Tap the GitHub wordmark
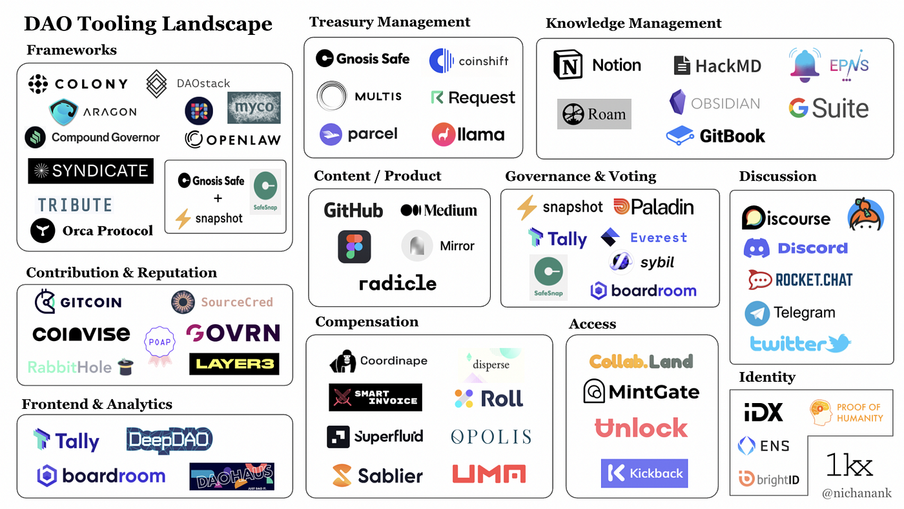353,211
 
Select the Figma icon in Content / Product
354,247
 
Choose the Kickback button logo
644,473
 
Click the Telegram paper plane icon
757,313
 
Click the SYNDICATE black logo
90,171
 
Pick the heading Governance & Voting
580,176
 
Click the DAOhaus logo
232,477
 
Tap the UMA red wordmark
489,474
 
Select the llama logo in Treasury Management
468,134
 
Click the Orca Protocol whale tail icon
43,231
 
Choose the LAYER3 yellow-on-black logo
234,364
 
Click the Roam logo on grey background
594,114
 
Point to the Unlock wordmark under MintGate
641,428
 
